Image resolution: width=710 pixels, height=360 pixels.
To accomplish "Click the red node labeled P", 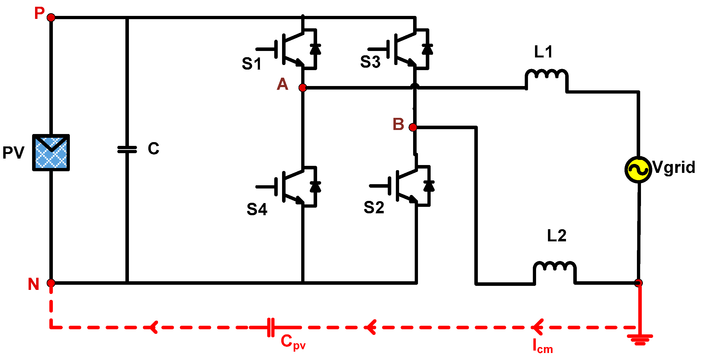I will coord(51,18).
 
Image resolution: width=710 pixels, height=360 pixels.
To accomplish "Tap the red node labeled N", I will coord(51,283).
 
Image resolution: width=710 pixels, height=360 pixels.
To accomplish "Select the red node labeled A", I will coord(303,88).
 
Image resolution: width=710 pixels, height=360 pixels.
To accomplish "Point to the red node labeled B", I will coord(413,127).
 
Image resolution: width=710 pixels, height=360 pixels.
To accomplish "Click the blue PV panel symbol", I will coord(51,152).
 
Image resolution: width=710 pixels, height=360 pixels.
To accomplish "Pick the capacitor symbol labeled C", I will coord(127,149).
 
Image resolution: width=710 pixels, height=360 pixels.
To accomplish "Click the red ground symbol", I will coord(640,339).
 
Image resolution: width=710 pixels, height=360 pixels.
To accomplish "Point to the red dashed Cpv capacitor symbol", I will coord(271,327).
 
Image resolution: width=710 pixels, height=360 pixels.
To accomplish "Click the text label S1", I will coord(251,64).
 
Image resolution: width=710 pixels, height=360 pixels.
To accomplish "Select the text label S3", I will coord(370,62).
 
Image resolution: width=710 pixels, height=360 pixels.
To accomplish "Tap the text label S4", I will coord(257,209).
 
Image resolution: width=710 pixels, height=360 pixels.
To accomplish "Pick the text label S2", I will coord(374,208).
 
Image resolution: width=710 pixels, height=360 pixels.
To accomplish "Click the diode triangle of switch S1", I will coord(315,49).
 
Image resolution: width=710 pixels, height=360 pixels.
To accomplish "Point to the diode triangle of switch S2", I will coord(429,186).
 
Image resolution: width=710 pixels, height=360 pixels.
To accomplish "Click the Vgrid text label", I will coord(674,167).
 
